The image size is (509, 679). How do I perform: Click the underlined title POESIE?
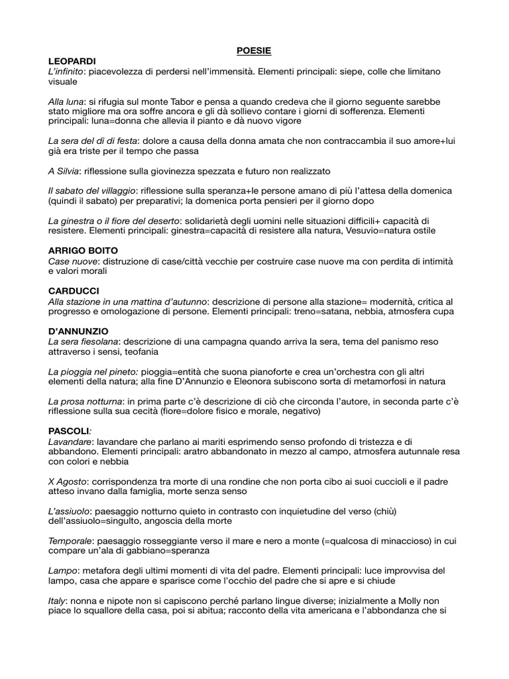[x=254, y=50]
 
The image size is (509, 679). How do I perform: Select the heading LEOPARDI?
[x=72, y=61]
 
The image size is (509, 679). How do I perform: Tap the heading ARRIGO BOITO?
[x=84, y=251]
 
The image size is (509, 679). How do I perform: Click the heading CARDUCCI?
[x=74, y=291]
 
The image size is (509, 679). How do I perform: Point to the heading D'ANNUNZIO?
[x=78, y=331]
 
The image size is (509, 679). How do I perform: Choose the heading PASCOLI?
[x=69, y=430]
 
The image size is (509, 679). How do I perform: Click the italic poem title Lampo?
[x=61, y=570]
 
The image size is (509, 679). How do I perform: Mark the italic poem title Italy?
[x=57, y=600]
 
